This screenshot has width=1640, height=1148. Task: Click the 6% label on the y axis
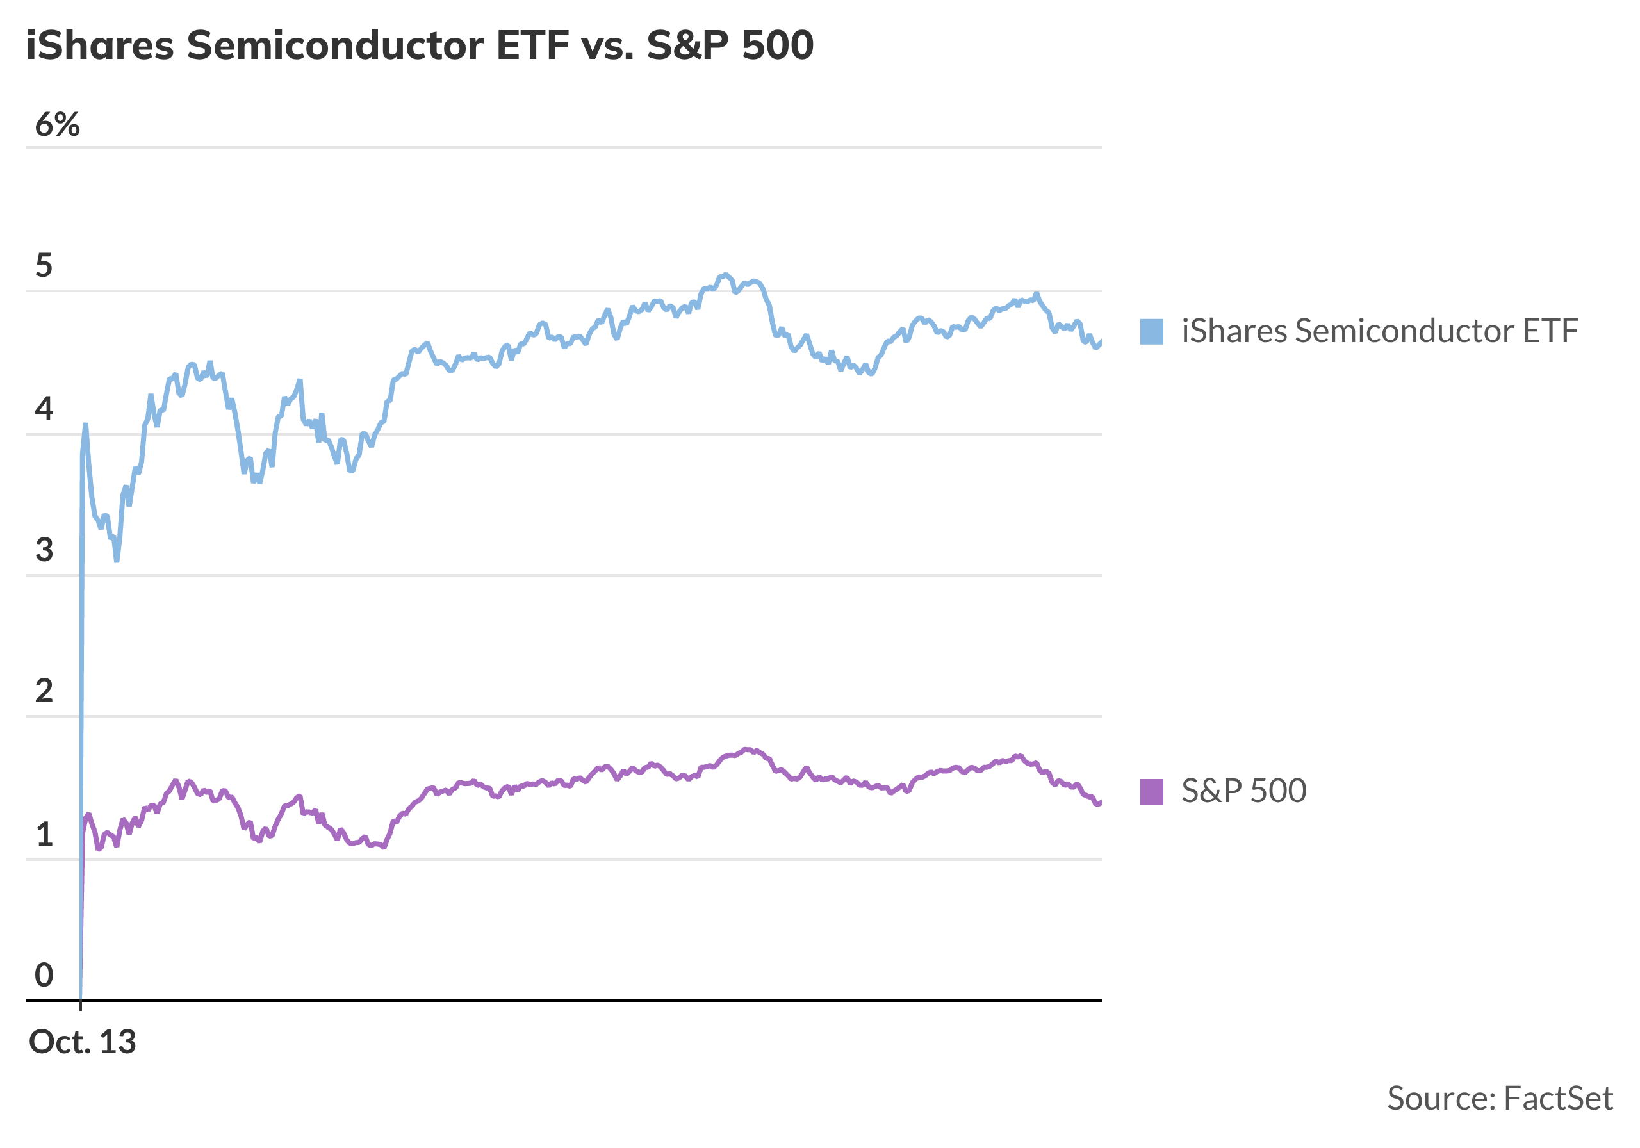click(57, 125)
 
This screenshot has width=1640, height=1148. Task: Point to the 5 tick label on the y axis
click(44, 266)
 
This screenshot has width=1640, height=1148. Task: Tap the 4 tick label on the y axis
click(44, 409)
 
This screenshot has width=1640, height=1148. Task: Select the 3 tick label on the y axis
click(44, 550)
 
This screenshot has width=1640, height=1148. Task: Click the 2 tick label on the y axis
click(44, 691)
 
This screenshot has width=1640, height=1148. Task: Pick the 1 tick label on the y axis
click(44, 834)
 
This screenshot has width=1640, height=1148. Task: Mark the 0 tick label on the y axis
click(44, 975)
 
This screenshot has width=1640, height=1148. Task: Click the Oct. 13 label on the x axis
click(82, 1042)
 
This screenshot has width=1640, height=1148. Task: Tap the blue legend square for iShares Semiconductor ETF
click(1151, 331)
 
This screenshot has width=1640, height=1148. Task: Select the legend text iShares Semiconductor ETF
click(1379, 331)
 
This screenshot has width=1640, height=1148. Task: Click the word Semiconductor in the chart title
click(335, 45)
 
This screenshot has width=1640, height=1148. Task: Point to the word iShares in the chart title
click(100, 45)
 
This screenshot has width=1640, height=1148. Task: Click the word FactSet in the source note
click(1558, 1099)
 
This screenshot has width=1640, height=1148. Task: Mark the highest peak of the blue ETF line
click(725, 274)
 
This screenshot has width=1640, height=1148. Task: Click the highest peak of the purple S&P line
click(746, 750)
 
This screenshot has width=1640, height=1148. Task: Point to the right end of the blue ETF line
click(1100, 342)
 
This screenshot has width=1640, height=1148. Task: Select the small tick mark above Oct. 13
click(81, 1005)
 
